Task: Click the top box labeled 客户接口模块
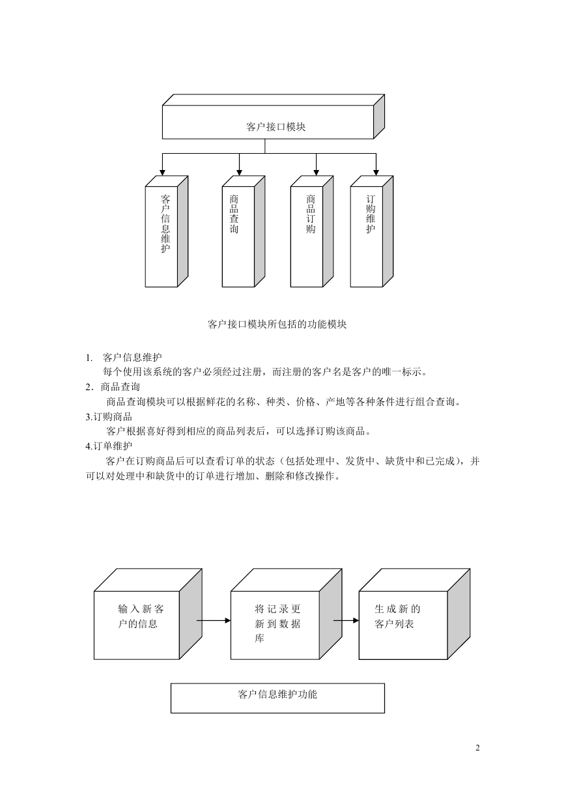click(273, 117)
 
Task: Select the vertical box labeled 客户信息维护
click(166, 231)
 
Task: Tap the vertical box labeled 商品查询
click(243, 231)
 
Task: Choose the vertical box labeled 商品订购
click(312, 231)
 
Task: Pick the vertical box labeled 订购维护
click(372, 231)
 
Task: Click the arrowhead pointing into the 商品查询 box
click(239, 172)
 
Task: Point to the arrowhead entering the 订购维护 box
click(376, 172)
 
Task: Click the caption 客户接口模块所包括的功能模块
click(277, 324)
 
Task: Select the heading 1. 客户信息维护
click(124, 357)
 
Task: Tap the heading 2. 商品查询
click(113, 387)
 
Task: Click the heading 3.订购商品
click(109, 417)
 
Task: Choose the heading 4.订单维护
click(109, 446)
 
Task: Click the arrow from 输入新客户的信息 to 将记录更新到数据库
click(214, 621)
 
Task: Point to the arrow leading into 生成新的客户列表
click(346, 621)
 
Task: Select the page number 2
click(477, 748)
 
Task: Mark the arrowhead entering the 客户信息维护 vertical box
click(162, 172)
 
